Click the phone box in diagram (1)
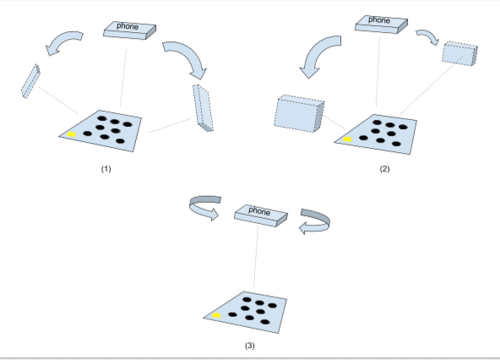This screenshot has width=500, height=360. [128, 28]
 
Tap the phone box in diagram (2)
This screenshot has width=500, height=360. [379, 22]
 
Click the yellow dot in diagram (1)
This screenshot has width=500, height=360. [73, 134]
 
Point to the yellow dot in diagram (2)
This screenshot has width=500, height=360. [346, 139]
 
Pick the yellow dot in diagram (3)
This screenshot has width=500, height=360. [217, 315]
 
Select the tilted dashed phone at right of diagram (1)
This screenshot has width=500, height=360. [204, 106]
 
